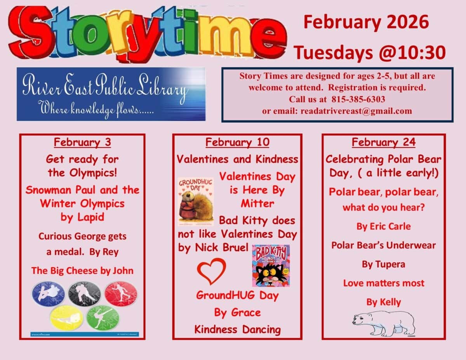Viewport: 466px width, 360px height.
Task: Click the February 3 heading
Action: point(82,143)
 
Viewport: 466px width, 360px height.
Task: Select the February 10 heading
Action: point(237,143)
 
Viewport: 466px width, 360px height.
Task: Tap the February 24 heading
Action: point(383,143)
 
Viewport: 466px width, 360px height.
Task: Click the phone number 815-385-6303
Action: point(358,99)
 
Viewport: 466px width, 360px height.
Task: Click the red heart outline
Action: point(211,271)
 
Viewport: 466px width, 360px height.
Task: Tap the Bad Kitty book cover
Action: point(271,266)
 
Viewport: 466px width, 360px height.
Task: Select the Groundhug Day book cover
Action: point(196,202)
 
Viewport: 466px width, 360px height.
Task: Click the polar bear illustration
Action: point(384,322)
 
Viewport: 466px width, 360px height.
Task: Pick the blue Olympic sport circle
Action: point(48,294)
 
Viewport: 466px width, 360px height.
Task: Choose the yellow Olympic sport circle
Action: point(66,317)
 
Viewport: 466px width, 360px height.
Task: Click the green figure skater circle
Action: point(103,317)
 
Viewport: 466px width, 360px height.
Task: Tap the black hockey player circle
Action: point(84,294)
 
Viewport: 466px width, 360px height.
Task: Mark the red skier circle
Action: point(121,294)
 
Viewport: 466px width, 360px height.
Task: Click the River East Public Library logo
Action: point(111,94)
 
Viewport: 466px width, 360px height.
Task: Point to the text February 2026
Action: point(366,22)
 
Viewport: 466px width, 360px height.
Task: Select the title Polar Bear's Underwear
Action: point(383,245)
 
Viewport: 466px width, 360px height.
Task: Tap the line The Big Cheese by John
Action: point(82,271)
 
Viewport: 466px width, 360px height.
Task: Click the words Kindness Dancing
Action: point(237,330)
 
